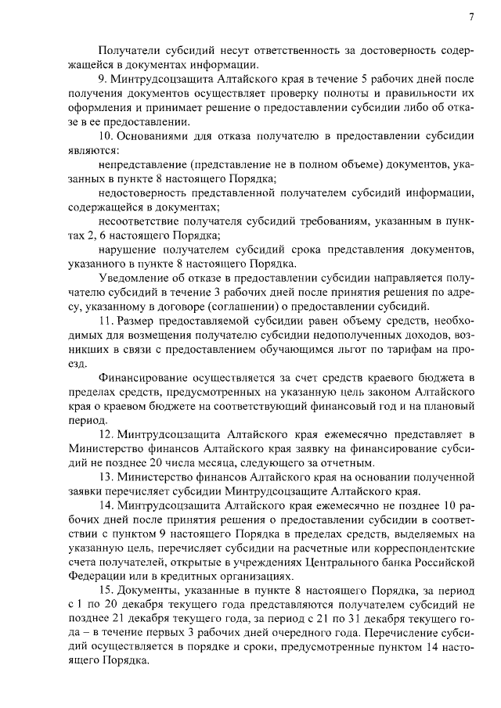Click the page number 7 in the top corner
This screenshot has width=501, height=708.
click(x=471, y=16)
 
